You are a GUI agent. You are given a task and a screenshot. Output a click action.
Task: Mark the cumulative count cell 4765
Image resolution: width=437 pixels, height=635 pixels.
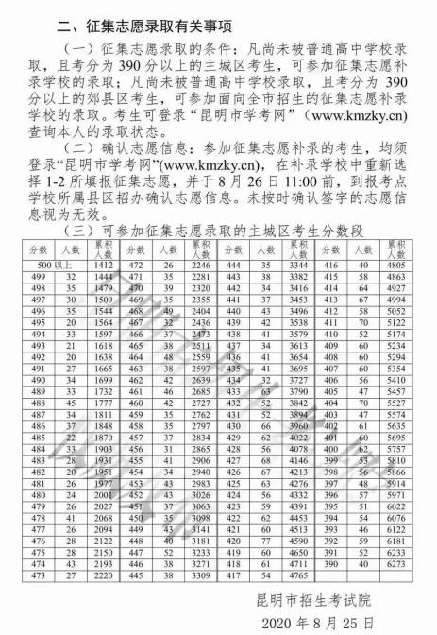[x=298, y=575]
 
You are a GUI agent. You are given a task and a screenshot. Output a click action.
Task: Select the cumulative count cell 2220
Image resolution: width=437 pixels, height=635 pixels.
[x=105, y=575]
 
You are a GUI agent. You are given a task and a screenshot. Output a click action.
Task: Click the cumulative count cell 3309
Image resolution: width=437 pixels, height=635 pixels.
[x=199, y=575]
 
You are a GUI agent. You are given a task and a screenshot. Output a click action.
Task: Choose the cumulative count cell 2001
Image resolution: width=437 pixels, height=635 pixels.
[x=105, y=495]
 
